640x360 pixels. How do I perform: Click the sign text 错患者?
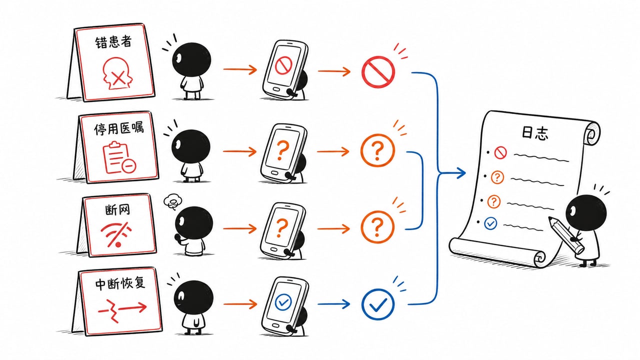(113, 42)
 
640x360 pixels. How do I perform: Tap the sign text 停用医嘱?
(119, 128)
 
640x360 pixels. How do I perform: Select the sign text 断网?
(117, 210)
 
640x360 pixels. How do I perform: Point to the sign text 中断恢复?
(120, 283)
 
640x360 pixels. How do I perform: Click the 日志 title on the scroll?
(535, 133)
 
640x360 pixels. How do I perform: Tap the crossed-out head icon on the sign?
(117, 73)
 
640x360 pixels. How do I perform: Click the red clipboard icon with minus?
(119, 157)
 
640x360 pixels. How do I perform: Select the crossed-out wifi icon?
(116, 235)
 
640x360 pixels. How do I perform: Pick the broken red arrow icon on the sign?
(122, 310)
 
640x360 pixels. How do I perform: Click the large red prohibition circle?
(378, 71)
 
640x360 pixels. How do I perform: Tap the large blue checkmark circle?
(377, 304)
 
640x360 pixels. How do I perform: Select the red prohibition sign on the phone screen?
(283, 65)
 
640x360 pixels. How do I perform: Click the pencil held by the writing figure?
(566, 235)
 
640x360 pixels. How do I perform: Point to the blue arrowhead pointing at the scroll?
(460, 173)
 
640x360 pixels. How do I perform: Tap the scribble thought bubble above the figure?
(172, 201)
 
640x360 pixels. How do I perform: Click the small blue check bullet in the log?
(490, 223)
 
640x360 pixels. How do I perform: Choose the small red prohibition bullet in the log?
(500, 152)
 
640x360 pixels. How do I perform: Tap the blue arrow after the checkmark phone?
(333, 304)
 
